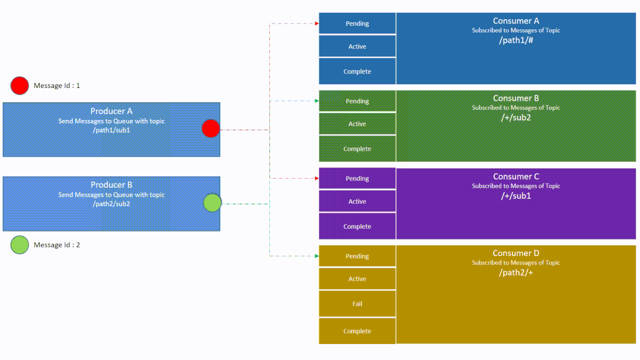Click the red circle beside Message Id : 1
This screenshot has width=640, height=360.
coord(20,85)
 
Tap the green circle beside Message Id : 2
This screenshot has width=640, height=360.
coord(20,245)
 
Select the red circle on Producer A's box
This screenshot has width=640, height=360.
coord(211,129)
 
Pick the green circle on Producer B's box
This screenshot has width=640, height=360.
coord(212,203)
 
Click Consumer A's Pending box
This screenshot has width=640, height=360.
coord(357,23)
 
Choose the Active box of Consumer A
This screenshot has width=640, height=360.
coord(357,46)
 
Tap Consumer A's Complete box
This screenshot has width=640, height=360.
coord(357,71)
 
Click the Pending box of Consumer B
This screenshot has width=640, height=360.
coord(357,101)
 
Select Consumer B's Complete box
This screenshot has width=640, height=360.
coord(357,149)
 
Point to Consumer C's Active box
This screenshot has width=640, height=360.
coord(357,202)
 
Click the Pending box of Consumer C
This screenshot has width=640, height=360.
coord(357,179)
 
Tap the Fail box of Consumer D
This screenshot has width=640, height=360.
coord(357,304)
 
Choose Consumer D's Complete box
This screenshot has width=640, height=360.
coord(357,331)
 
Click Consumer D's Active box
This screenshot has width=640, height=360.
coord(357,279)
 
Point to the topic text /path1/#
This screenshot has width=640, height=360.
coord(516,40)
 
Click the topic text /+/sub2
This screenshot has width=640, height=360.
coord(516,117)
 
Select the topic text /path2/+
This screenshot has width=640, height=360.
coord(516,273)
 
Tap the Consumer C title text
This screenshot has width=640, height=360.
coord(516,177)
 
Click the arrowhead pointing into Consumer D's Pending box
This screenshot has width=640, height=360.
coord(316,256)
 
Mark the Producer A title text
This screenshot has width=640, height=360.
coord(111,111)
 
